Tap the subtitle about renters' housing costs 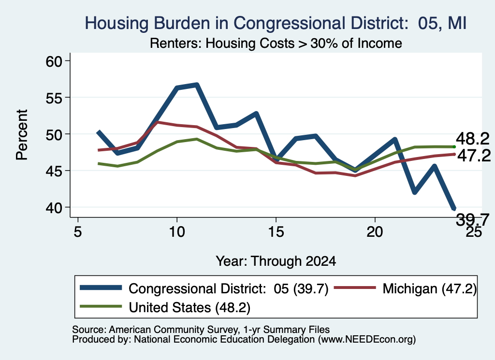click(276, 43)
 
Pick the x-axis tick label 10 click(177, 232)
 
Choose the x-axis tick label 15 click(276, 232)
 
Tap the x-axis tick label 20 click(375, 232)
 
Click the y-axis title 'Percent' click(22, 135)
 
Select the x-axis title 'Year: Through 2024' click(276, 261)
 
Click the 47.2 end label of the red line click(474, 156)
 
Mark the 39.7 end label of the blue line click(473, 219)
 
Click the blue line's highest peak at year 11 click(197, 85)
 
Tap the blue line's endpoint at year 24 click(454, 209)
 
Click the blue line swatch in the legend click(101, 288)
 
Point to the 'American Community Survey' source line click(201, 330)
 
